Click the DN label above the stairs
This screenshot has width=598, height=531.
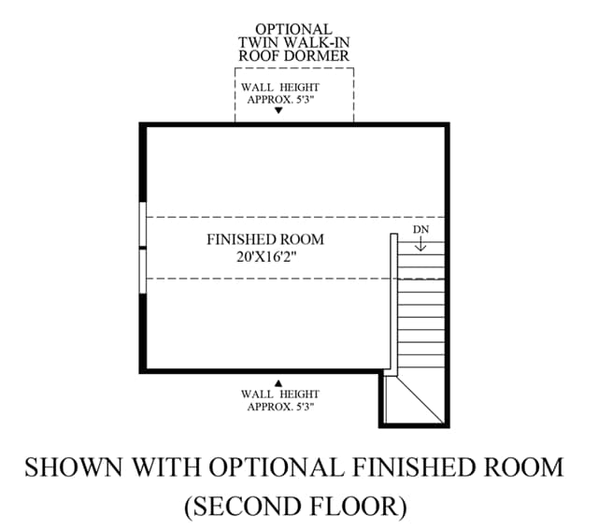tap(420, 229)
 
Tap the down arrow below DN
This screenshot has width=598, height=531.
tap(420, 244)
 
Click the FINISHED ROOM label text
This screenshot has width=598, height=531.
tap(265, 239)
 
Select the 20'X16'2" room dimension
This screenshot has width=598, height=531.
tap(266, 257)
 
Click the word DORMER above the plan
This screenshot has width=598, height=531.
tap(317, 56)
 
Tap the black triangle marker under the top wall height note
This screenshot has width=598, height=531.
tap(278, 110)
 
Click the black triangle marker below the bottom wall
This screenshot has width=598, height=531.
tap(278, 383)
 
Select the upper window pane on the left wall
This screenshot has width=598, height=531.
tap(143, 224)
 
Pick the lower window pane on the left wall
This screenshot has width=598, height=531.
tap(143, 271)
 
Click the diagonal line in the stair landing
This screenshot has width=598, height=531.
tap(420, 400)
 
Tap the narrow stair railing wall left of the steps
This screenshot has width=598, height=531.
tap(393, 302)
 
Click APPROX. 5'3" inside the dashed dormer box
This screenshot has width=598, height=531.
tap(280, 100)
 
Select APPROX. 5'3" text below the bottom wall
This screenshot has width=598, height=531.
tap(280, 407)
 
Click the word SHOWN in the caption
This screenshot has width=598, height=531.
tap(74, 466)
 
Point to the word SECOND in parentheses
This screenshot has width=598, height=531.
tap(245, 506)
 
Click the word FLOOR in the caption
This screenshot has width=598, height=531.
tap(359, 506)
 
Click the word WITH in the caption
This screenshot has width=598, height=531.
tap(166, 466)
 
